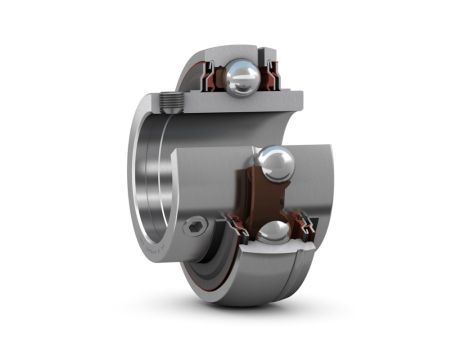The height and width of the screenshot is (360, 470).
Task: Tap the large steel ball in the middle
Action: [x=275, y=164]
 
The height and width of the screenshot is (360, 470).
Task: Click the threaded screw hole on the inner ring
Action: [x=170, y=101]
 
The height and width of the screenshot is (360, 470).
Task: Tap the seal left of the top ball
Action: [x=214, y=75]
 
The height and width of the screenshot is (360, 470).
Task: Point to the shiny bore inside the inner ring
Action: [x=150, y=190]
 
